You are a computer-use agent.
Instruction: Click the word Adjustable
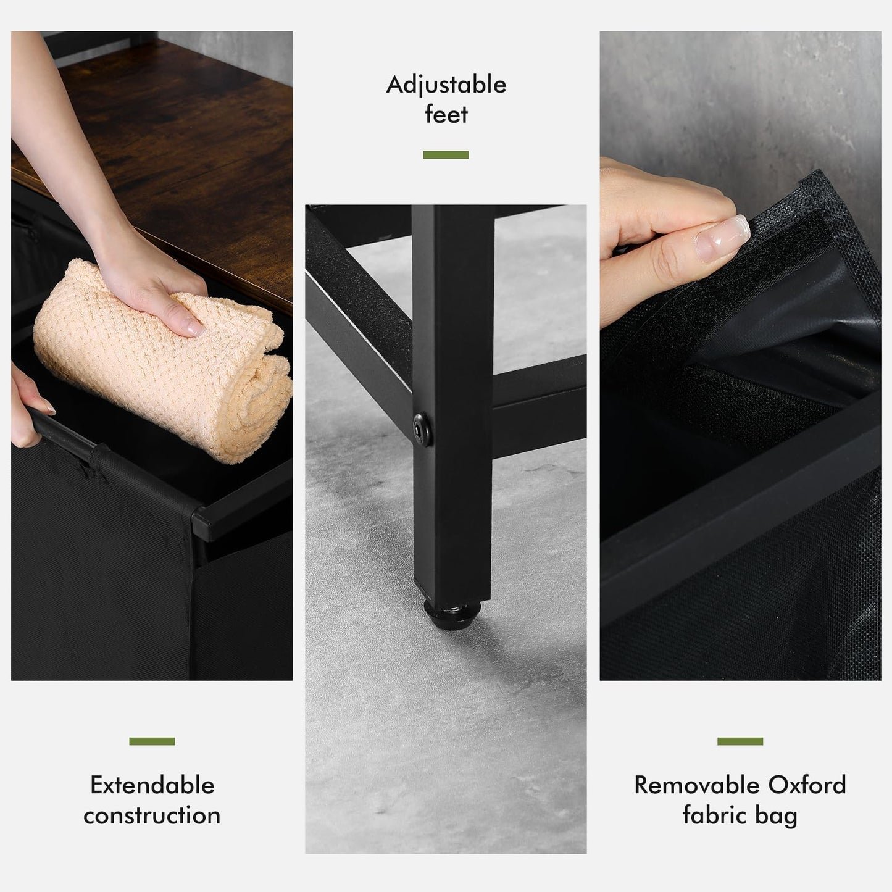(446, 86)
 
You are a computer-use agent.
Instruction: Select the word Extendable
(152, 785)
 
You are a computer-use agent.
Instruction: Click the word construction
(152, 815)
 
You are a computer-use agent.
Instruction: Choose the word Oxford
(807, 785)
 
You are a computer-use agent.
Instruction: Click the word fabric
(714, 815)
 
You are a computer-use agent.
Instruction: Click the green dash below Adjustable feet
(446, 155)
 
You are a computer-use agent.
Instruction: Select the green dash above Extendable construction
(152, 741)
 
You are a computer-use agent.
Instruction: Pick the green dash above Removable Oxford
(740, 741)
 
